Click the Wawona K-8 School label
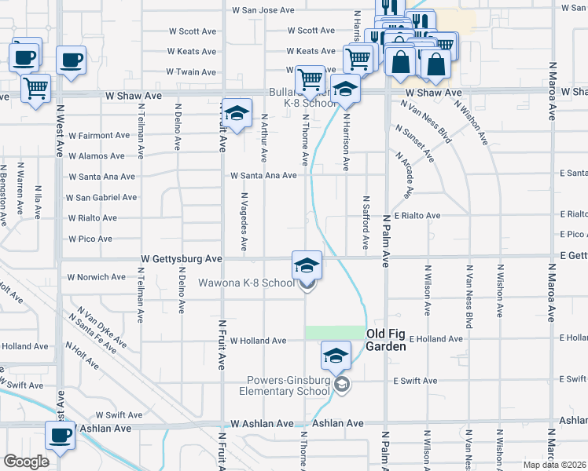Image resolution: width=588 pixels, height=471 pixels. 245,283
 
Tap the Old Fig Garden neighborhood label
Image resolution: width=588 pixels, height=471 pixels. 386,339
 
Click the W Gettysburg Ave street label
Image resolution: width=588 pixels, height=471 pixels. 182,257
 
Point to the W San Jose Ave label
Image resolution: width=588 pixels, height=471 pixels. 263,10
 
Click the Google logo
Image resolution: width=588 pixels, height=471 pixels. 26,462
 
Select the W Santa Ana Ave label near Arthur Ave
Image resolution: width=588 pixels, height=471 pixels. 263,175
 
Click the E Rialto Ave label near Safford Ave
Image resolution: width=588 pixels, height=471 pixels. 417,214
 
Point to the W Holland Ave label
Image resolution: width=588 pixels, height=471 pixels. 258,341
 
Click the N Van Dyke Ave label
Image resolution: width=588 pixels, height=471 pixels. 97,328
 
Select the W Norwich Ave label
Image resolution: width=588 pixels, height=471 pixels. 96,277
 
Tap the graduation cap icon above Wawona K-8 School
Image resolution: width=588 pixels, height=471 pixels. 307,265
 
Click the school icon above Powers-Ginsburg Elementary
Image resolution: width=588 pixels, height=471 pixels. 336,356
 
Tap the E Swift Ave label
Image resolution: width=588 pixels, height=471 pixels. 415,381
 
